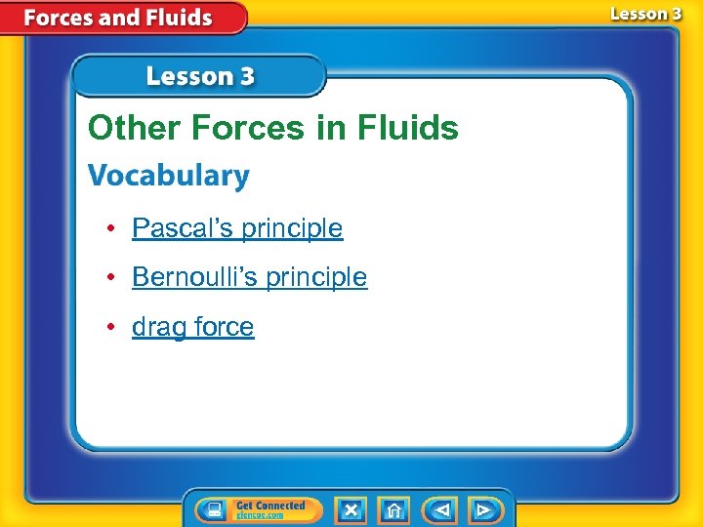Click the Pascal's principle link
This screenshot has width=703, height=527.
(x=237, y=228)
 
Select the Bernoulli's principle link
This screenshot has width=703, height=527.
(x=249, y=277)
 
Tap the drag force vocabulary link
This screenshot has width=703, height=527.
(x=192, y=327)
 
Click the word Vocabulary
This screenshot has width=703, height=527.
(x=169, y=177)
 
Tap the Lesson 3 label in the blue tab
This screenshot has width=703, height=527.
(x=200, y=76)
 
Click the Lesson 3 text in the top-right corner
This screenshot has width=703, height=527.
(x=645, y=14)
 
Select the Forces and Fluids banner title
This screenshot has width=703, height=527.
(x=118, y=18)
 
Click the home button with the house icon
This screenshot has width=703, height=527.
(x=393, y=510)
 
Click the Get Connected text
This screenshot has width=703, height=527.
(x=270, y=506)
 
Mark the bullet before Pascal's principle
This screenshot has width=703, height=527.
(x=113, y=228)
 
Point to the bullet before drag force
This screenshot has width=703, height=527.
(x=113, y=327)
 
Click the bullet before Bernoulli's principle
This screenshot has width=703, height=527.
(x=113, y=277)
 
